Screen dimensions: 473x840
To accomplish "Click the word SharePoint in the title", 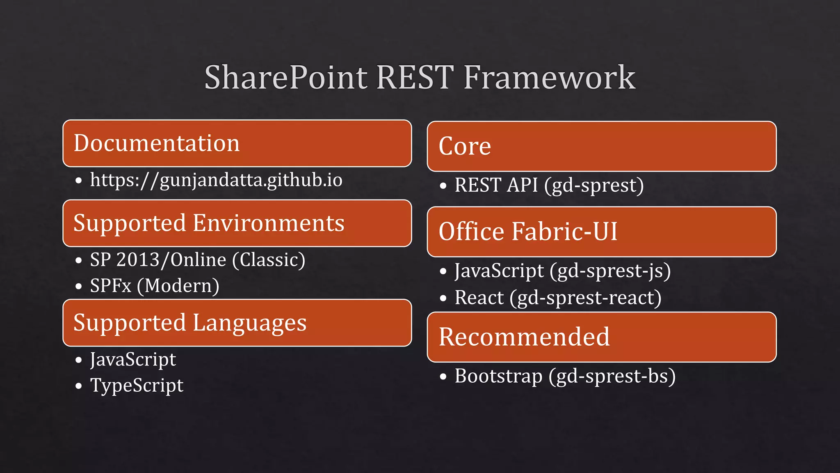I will (286, 78).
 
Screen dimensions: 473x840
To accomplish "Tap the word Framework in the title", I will (549, 78).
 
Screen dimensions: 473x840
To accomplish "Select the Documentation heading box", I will (237, 143).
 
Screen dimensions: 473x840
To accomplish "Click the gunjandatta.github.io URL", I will (216, 180).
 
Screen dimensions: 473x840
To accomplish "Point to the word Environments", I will (269, 223).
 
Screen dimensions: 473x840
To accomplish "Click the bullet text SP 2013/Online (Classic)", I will (198, 260).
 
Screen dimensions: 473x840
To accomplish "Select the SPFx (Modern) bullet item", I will (155, 286).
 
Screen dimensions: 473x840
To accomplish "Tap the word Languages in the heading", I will (249, 323).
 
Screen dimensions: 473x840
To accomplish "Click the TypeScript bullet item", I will (137, 386).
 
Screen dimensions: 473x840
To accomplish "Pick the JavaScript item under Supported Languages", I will (133, 360).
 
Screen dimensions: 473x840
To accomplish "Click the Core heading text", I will (465, 146).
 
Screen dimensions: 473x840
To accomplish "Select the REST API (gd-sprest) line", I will (549, 185).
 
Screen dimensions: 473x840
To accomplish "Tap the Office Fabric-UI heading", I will (528, 232).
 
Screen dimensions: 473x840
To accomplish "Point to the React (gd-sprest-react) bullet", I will (558, 298).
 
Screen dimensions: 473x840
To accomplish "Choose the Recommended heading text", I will (524, 337).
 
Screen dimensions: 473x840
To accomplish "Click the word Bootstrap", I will (498, 376).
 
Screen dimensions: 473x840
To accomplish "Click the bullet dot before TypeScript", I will (79, 386).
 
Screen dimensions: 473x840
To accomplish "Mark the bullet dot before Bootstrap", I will (443, 377).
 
